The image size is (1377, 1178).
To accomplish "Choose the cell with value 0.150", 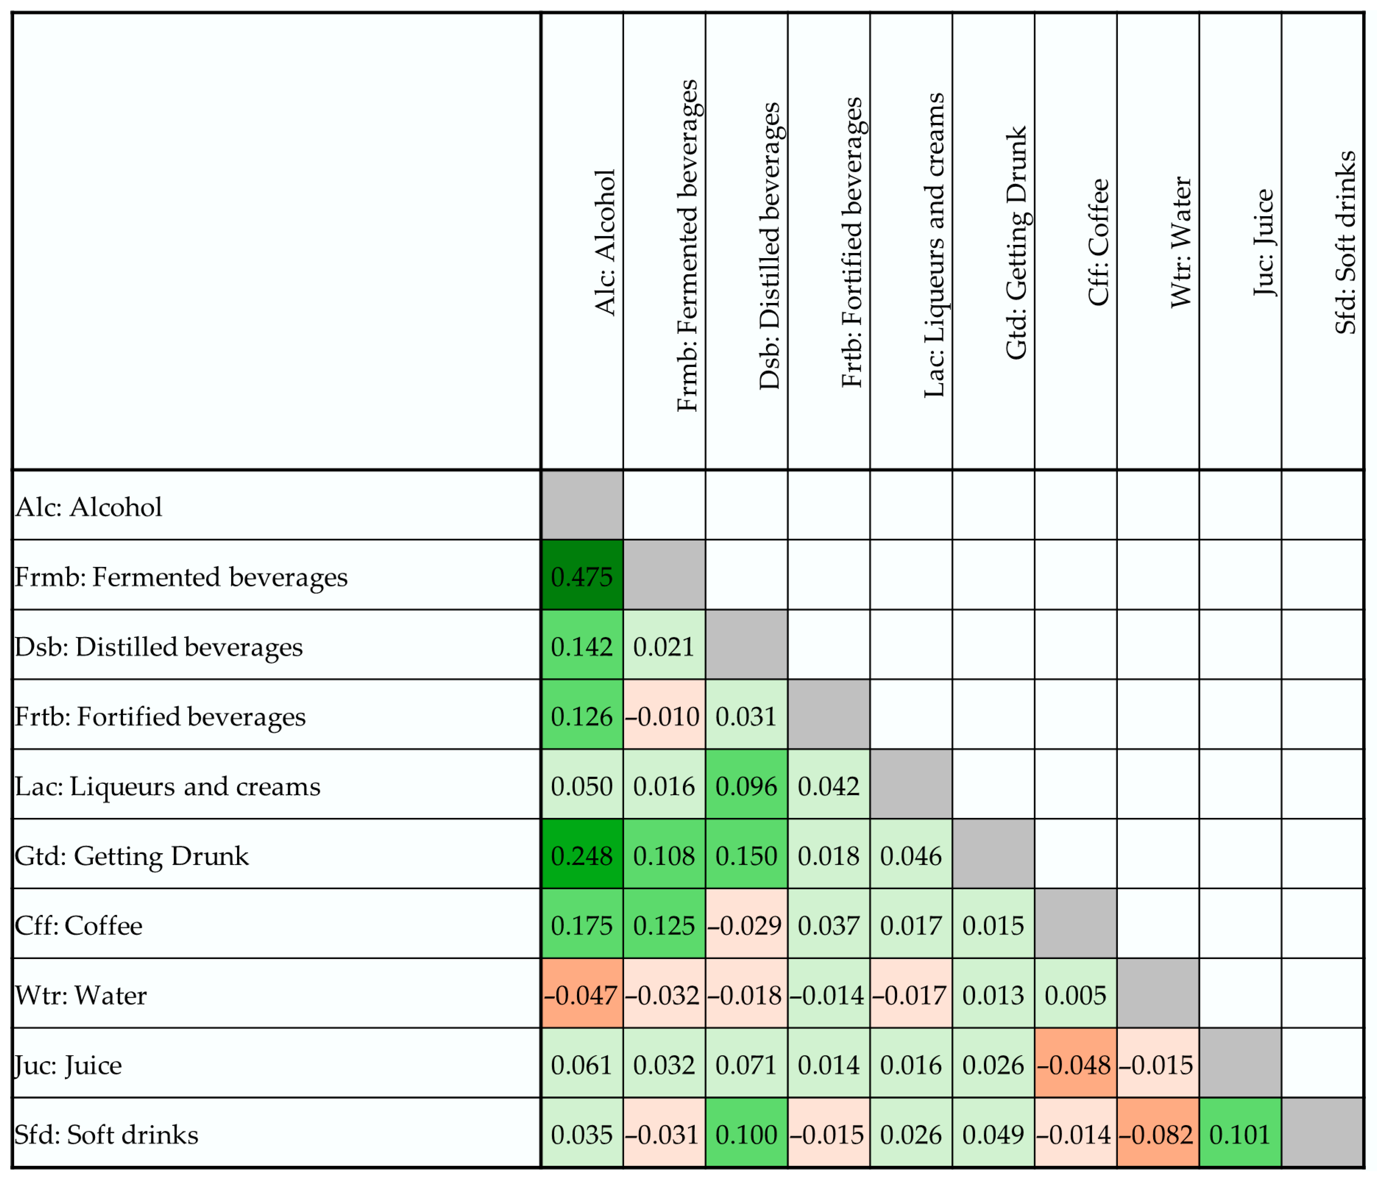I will (746, 856).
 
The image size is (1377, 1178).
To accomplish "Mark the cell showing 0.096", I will (746, 786).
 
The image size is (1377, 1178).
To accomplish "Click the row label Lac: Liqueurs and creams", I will (167, 786).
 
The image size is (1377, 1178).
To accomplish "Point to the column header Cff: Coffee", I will (1098, 242).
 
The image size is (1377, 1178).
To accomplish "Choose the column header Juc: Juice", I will (1263, 242).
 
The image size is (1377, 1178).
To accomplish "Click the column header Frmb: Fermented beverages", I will (687, 246).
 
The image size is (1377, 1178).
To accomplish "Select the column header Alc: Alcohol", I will (605, 242).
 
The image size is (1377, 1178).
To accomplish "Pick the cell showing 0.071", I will (746, 1065).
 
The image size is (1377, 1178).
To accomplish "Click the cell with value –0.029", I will (746, 926).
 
